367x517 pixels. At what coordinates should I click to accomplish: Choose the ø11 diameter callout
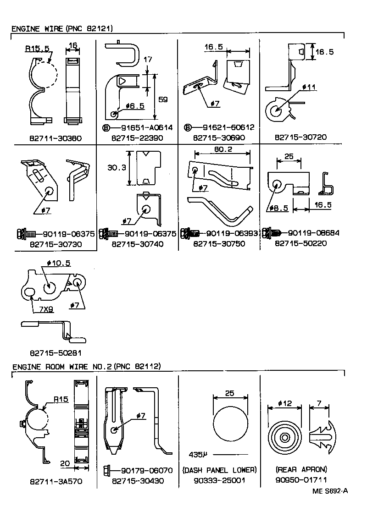click(309, 87)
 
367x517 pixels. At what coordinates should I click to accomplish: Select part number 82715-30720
click(301, 137)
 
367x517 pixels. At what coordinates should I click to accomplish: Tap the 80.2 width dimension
click(222, 149)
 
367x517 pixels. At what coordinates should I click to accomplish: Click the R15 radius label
click(61, 399)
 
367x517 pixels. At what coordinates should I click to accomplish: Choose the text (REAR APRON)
click(301, 470)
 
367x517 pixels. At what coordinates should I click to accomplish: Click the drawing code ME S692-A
click(330, 491)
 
